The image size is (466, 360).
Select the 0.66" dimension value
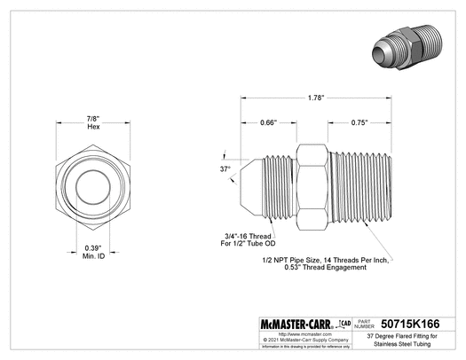267,121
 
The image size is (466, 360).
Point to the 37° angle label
225,168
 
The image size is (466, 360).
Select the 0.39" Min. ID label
93,252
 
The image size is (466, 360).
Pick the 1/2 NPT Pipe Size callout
327,262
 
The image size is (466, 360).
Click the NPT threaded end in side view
359,187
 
